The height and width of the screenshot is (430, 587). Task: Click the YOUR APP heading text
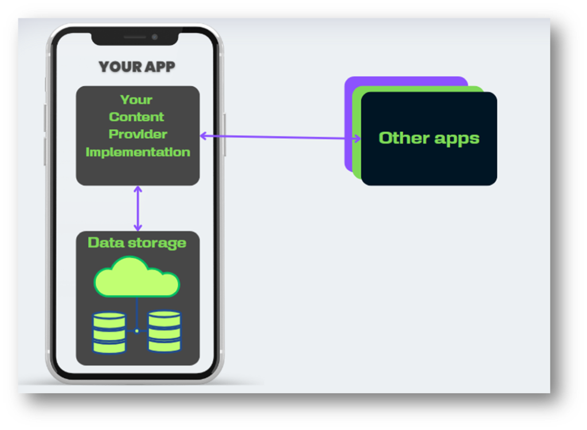click(136, 67)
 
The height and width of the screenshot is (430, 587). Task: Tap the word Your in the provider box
click(136, 100)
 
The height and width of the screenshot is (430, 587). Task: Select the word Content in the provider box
click(136, 117)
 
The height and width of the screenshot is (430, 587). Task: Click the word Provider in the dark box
click(138, 134)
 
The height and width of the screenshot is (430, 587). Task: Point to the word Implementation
click(138, 152)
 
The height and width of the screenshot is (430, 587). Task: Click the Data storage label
click(137, 243)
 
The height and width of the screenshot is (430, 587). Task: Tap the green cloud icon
click(137, 277)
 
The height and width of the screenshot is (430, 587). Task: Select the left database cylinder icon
click(109, 333)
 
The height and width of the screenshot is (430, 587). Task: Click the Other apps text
click(429, 138)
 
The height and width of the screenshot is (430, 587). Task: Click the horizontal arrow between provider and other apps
click(281, 137)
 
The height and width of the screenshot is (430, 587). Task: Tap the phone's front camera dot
click(154, 37)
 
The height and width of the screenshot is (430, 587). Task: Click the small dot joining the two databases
click(137, 331)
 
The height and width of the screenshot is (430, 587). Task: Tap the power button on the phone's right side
click(224, 135)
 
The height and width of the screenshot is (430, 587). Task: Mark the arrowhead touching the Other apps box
click(358, 138)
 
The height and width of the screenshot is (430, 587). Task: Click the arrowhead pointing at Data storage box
click(138, 228)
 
